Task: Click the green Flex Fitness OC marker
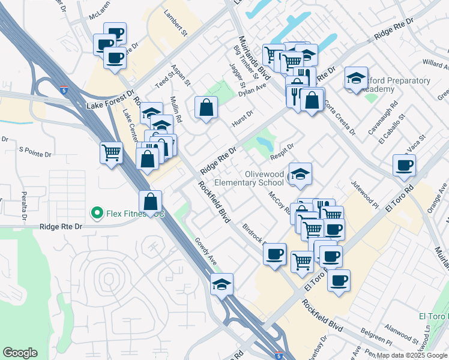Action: pos(96,212)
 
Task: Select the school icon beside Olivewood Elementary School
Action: pos(300,174)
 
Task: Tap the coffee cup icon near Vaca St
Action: pos(404,165)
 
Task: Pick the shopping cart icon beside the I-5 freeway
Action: pos(111,153)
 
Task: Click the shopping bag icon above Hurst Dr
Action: pos(206,107)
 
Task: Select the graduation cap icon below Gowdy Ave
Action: pos(221,284)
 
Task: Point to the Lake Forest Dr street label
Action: pos(110,101)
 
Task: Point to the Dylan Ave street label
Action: pos(252,89)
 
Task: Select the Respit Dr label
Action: pos(282,152)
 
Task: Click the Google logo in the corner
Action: pos(20,353)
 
